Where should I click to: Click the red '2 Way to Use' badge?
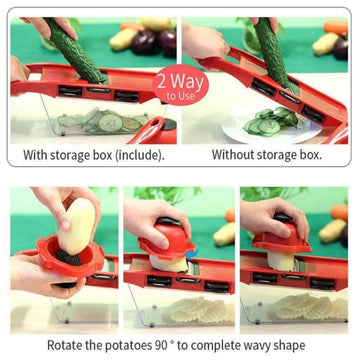[x=180, y=85]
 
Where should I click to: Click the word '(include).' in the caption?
[x=140, y=156]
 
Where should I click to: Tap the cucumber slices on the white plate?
[x=270, y=122]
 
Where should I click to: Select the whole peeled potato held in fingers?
[x=76, y=226]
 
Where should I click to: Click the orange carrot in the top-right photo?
[x=336, y=27]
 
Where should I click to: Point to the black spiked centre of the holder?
[x=68, y=257]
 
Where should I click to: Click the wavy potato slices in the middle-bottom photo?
[x=199, y=309]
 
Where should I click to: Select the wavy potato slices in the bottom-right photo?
[x=312, y=306]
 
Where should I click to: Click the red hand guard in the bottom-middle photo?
[x=167, y=241]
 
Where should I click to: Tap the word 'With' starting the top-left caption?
[x=35, y=155]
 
